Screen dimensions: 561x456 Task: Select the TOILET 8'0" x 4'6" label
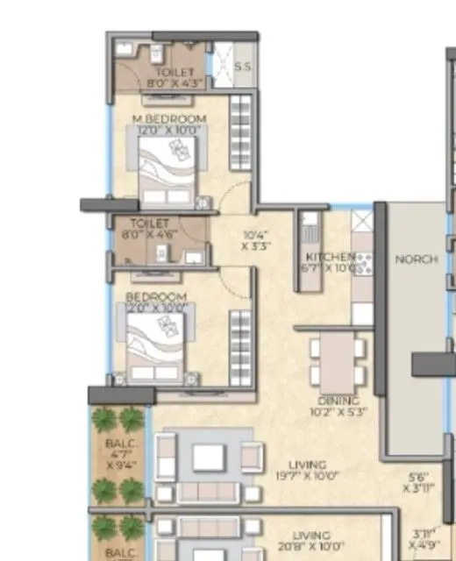(x=148, y=229)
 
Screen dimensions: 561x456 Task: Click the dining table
(x=338, y=359)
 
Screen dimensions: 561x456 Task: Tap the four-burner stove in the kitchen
(x=362, y=260)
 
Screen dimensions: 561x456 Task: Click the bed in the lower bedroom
(x=160, y=344)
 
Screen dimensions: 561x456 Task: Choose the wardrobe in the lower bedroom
(x=239, y=344)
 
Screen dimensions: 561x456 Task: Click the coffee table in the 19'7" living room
(x=208, y=457)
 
